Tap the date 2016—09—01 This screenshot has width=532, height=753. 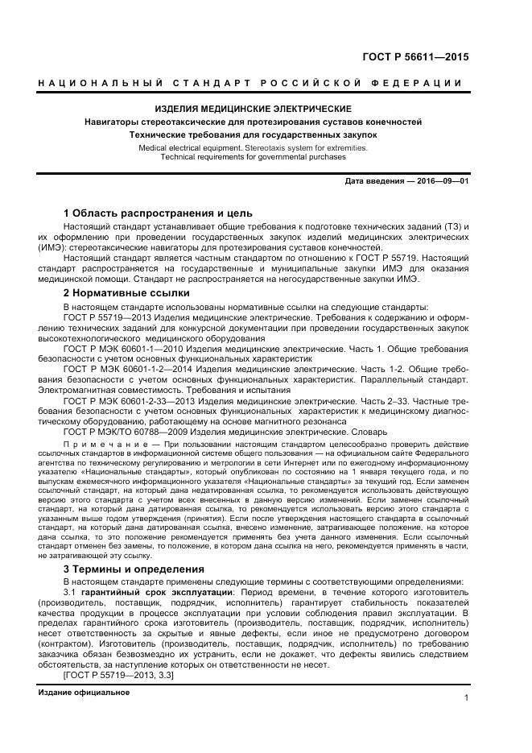click(x=443, y=180)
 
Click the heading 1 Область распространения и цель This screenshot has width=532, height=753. click(x=158, y=213)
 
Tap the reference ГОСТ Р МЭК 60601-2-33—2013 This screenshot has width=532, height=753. click(x=131, y=400)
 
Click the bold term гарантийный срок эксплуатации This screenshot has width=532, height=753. click(x=148, y=592)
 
